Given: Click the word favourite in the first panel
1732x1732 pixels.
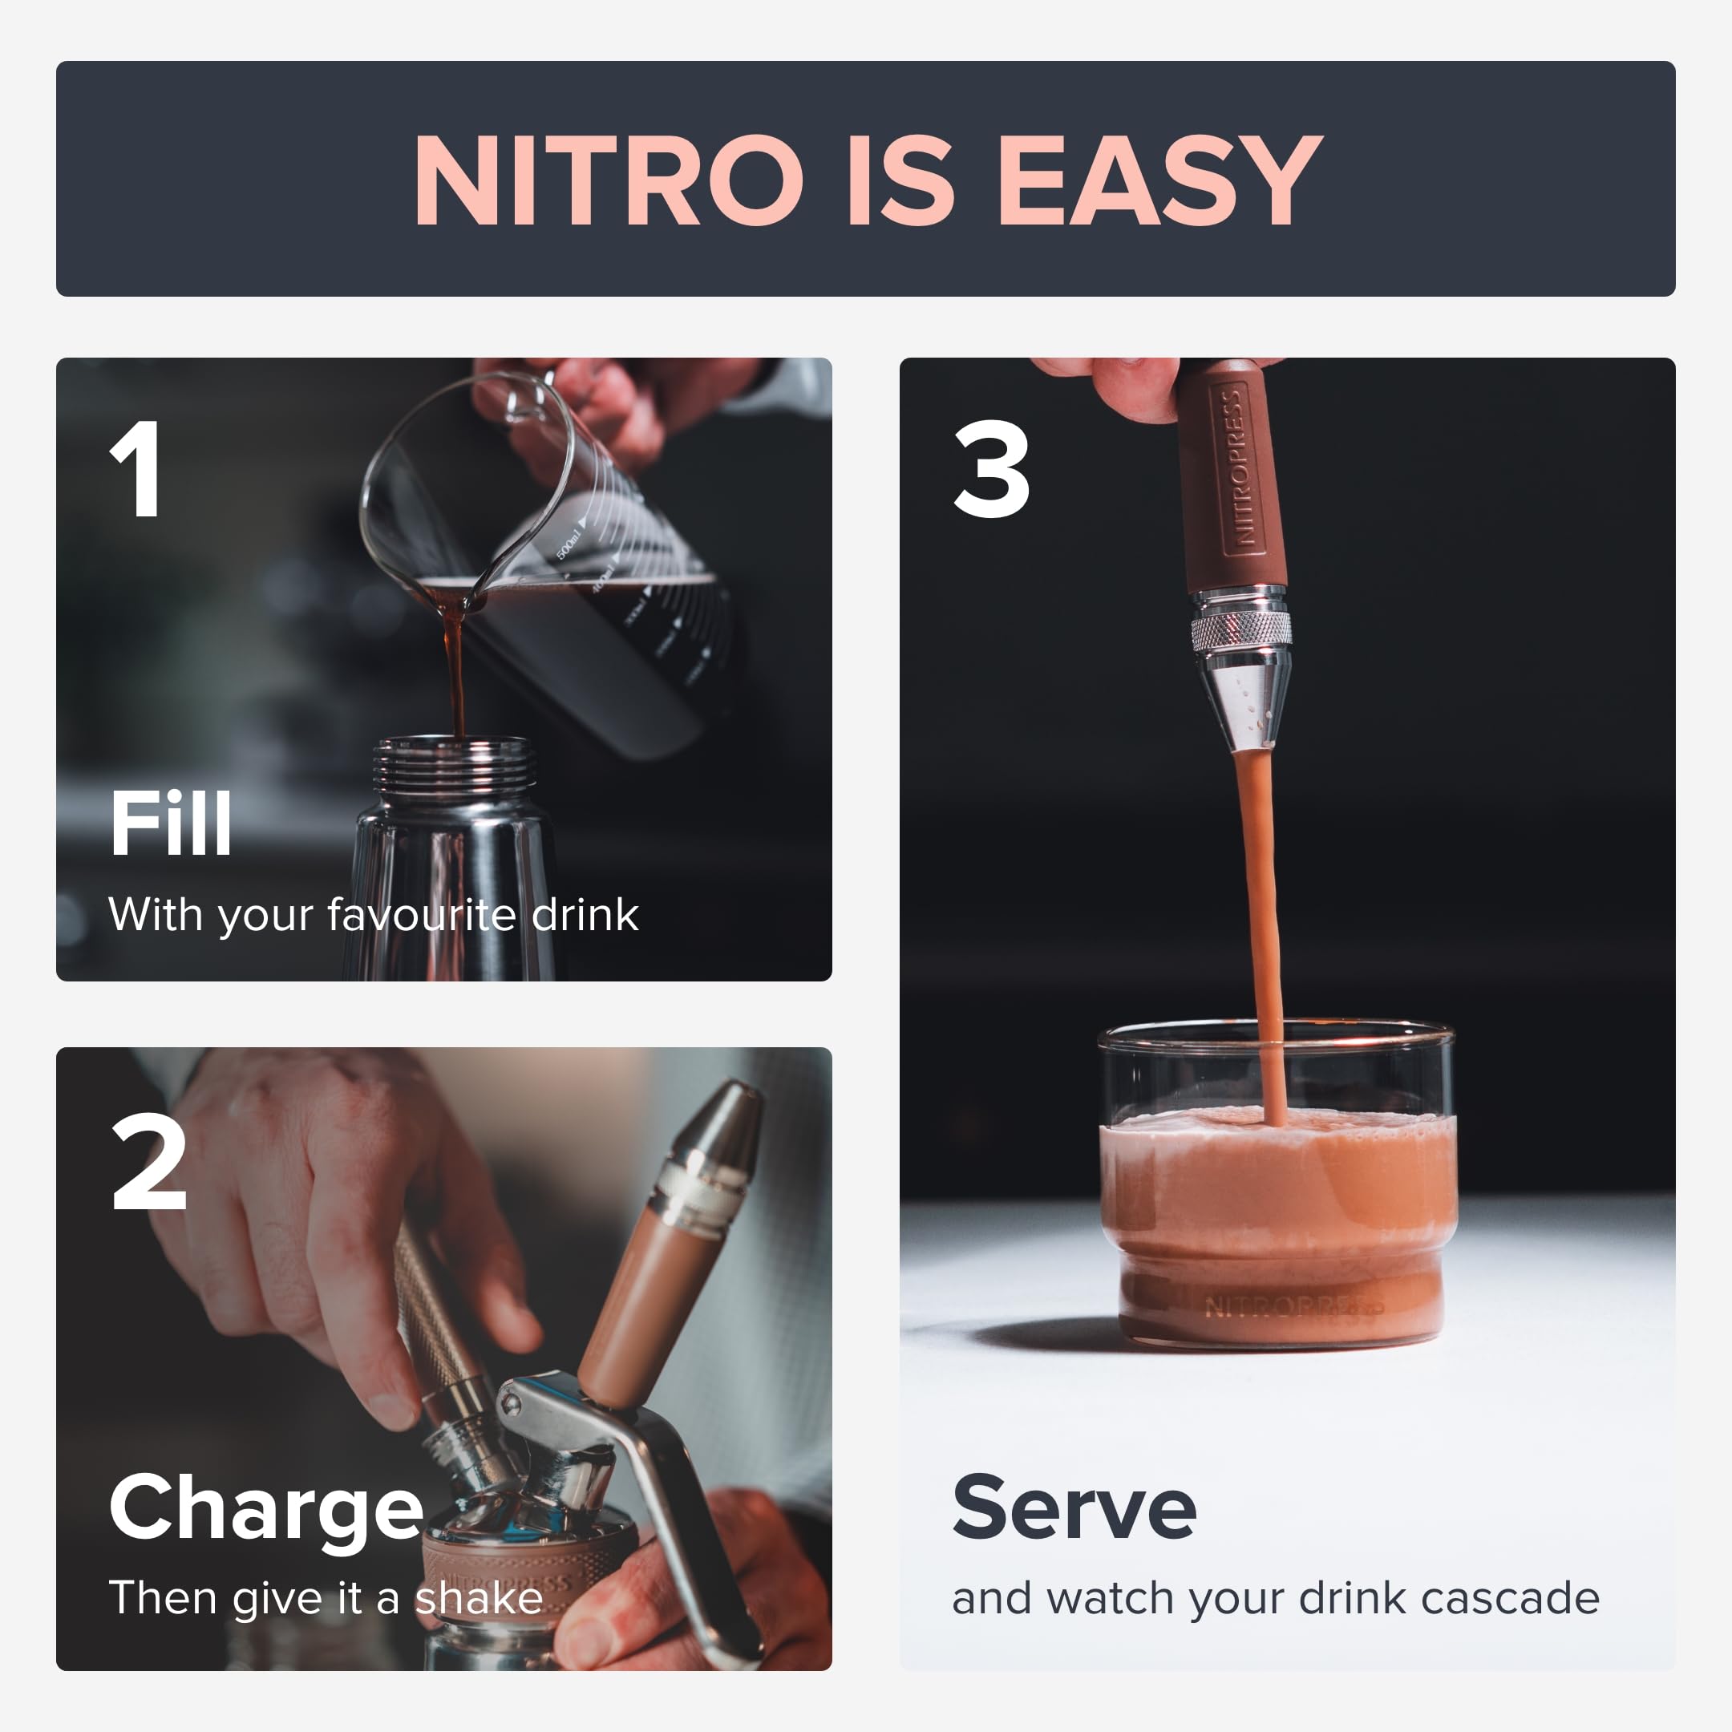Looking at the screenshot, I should coord(420,915).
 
